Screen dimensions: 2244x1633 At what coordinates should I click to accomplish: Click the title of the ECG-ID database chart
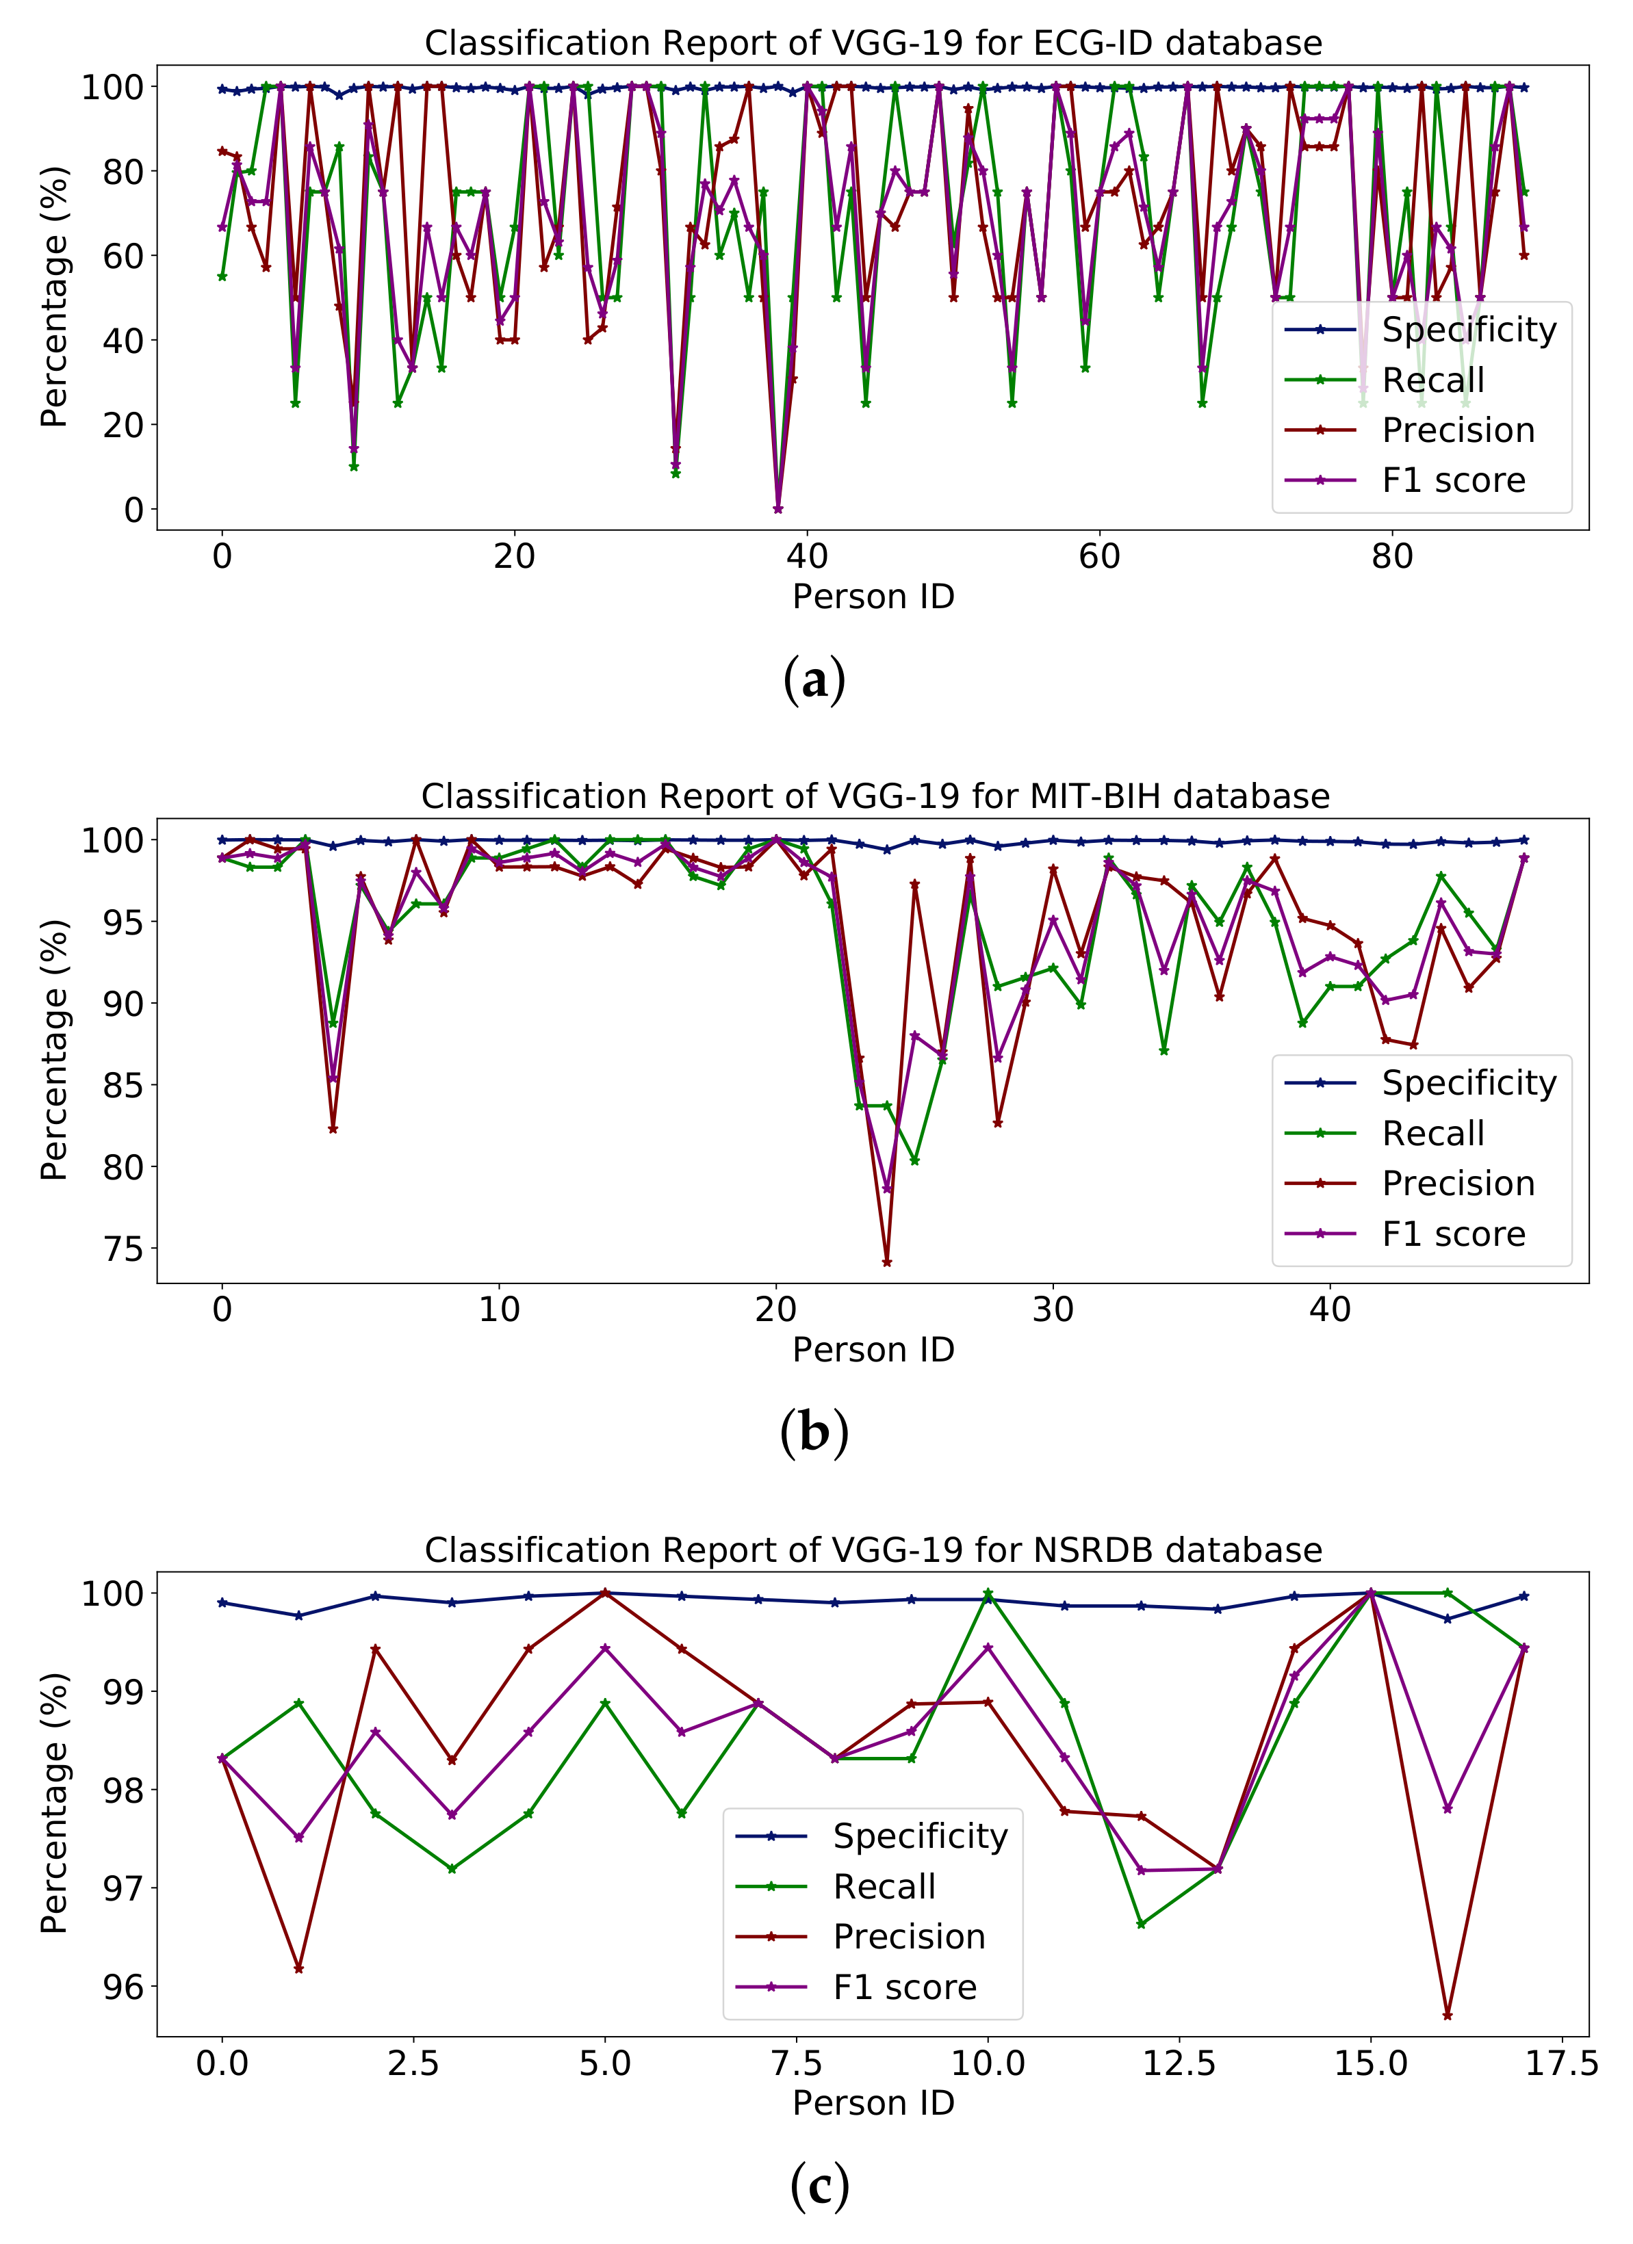(873, 44)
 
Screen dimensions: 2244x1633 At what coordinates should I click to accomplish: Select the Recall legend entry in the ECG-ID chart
(1432, 380)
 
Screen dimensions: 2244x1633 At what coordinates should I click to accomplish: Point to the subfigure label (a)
(814, 681)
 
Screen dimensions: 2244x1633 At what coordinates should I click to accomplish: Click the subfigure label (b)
(814, 1434)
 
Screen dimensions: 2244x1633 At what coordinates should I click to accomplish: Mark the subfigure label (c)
(819, 2187)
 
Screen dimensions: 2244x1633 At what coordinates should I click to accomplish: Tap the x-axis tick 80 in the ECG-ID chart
(1391, 557)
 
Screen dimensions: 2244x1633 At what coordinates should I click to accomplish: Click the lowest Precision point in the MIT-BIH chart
(887, 1262)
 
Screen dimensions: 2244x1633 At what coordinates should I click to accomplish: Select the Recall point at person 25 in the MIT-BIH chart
(914, 1160)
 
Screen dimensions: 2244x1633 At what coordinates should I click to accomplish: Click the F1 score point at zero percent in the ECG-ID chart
(778, 510)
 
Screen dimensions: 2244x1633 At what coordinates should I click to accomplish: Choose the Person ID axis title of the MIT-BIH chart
(873, 1350)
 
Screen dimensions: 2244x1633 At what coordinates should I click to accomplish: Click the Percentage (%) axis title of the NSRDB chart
(55, 1803)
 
